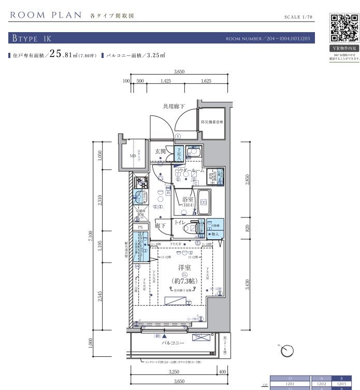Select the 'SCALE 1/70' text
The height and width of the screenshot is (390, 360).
click(299, 17)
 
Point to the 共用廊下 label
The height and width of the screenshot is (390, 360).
click(174, 106)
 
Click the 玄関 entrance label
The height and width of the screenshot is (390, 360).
click(160, 151)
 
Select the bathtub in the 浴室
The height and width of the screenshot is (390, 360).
click(202, 202)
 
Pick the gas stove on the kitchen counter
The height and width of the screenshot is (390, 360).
click(140, 182)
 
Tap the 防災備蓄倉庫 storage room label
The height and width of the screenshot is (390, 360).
click(212, 123)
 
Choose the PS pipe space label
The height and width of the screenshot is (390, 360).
click(139, 227)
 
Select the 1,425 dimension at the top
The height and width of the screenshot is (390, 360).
click(165, 81)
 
